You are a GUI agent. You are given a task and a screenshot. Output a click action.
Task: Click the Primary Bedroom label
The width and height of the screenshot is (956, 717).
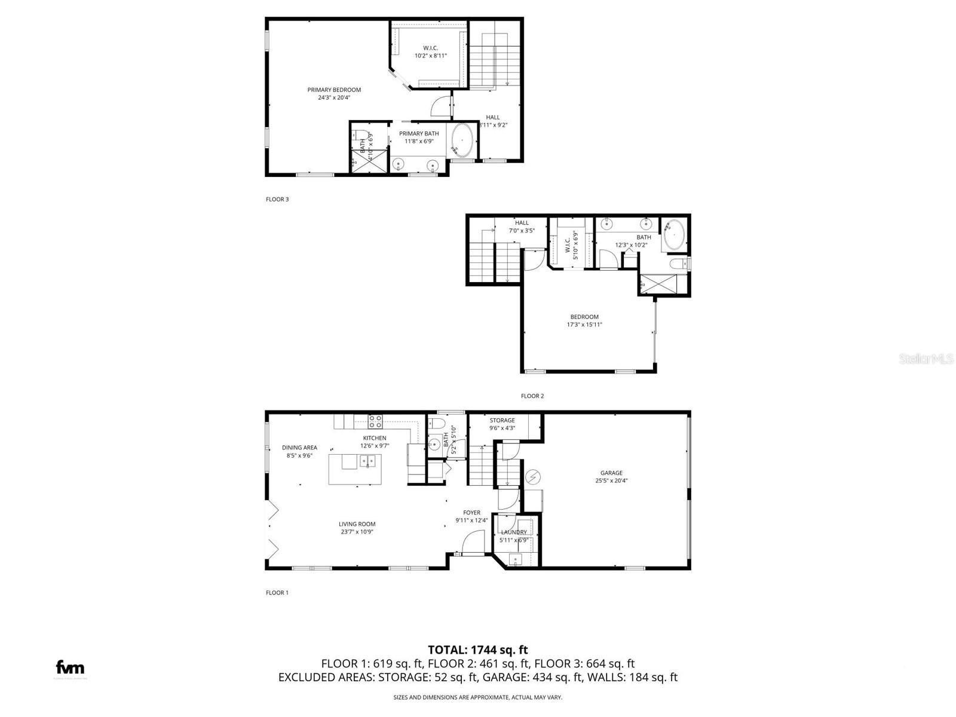tap(334, 90)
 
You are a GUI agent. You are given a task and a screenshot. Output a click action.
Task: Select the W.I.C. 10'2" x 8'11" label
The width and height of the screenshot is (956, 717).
tap(430, 51)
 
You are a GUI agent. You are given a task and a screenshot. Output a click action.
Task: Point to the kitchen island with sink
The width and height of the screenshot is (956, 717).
tap(355, 469)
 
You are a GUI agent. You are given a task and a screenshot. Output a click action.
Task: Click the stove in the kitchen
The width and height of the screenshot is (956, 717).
tap(375, 421)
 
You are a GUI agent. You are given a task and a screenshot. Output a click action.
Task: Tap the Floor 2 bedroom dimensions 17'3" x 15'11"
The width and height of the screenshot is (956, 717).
tap(584, 325)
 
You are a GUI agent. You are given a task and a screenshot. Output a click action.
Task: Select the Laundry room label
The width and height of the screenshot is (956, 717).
tap(514, 532)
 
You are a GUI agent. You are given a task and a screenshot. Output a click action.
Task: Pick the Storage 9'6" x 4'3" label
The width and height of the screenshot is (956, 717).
tap(502, 424)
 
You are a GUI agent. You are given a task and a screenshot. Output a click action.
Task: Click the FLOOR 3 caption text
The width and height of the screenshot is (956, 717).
tap(277, 200)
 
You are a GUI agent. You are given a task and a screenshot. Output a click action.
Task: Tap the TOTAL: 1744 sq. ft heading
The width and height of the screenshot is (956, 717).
tap(477, 650)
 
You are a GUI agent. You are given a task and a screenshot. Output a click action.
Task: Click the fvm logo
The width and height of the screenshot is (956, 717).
tap(70, 667)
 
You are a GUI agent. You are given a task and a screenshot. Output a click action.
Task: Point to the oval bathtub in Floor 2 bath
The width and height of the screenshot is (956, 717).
tap(674, 235)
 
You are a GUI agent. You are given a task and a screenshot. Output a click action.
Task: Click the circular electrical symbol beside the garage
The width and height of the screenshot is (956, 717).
tap(532, 477)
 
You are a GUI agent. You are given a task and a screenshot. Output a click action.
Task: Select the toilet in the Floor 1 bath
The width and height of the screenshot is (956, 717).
tap(436, 425)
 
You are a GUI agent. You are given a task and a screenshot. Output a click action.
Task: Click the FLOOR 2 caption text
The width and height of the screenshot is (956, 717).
tap(532, 396)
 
